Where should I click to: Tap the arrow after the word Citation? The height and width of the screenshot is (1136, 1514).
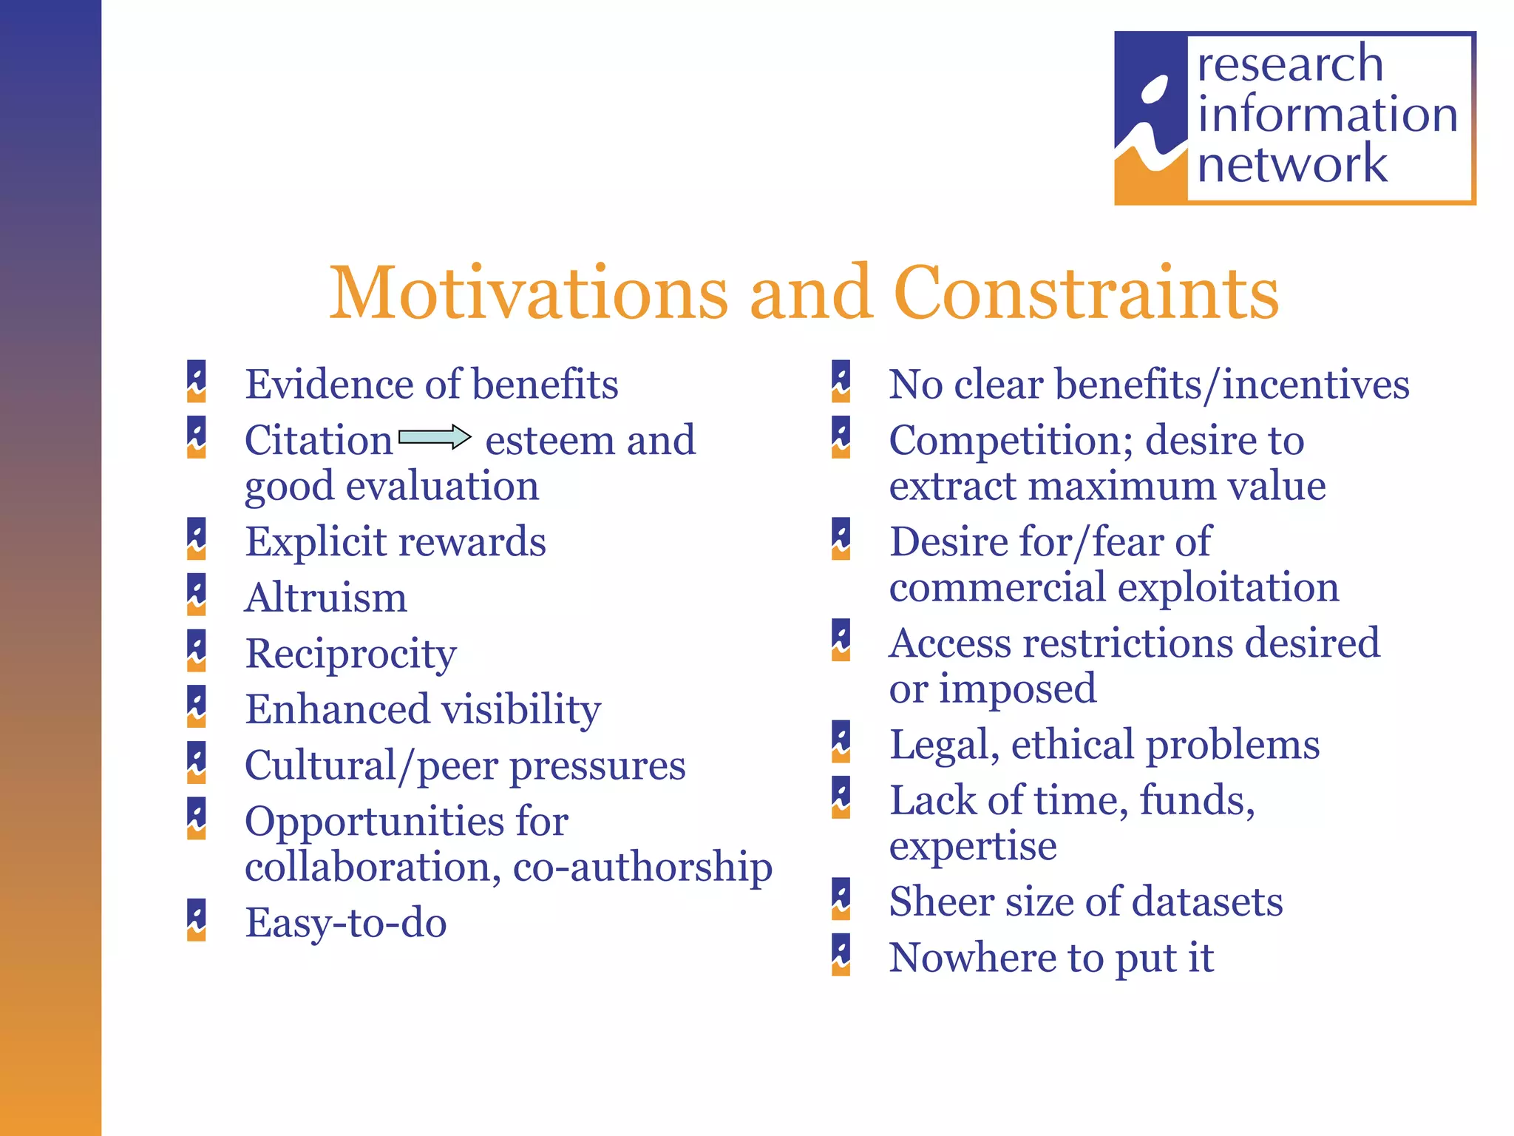(x=435, y=437)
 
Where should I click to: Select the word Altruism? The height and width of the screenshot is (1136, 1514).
(x=326, y=598)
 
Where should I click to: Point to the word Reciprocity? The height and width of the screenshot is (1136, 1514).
(x=350, y=655)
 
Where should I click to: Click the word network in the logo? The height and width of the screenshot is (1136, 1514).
(x=1291, y=163)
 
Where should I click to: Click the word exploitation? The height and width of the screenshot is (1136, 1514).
(x=1228, y=587)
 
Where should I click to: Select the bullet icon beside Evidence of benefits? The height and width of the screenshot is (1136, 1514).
(x=196, y=381)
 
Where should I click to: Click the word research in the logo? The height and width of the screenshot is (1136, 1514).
(x=1290, y=64)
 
